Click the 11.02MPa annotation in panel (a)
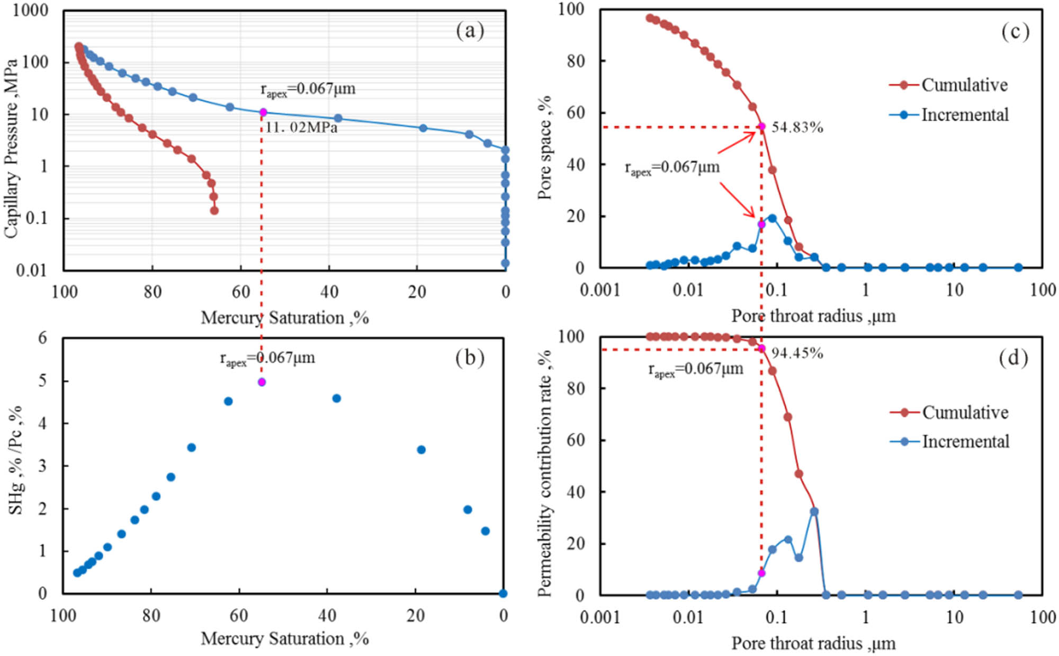(301, 128)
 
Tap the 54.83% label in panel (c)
(797, 127)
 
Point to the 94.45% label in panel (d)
(797, 353)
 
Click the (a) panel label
(470, 31)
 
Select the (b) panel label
(470, 358)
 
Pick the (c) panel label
(1015, 32)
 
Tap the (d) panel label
(1013, 358)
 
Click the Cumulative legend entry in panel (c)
(964, 85)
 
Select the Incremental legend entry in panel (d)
(965, 441)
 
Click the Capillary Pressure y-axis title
(12, 148)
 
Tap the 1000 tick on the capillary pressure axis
(30, 10)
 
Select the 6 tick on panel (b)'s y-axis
(42, 338)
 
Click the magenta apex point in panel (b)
(262, 382)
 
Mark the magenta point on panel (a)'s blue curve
(263, 112)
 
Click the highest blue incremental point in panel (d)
(814, 511)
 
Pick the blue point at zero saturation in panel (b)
(503, 593)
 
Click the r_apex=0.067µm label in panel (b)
(267, 359)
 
